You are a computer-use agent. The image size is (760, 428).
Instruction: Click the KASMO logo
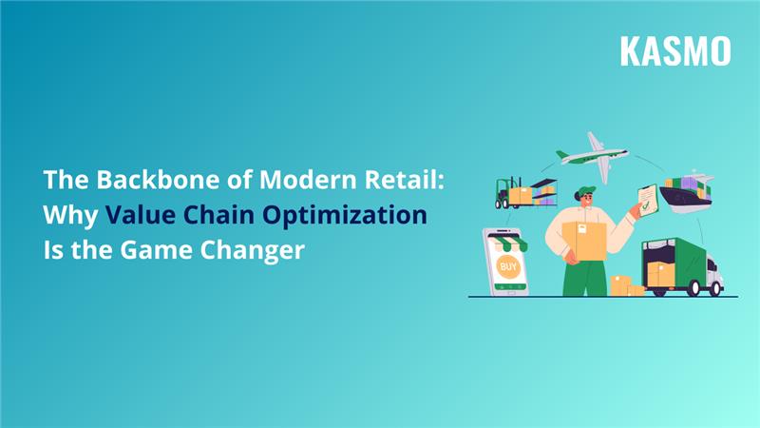(675, 50)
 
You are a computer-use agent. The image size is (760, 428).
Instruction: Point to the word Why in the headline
(69, 215)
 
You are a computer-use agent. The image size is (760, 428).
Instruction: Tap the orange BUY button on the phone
(508, 265)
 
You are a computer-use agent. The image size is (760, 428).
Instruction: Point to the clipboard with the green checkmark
(647, 199)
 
